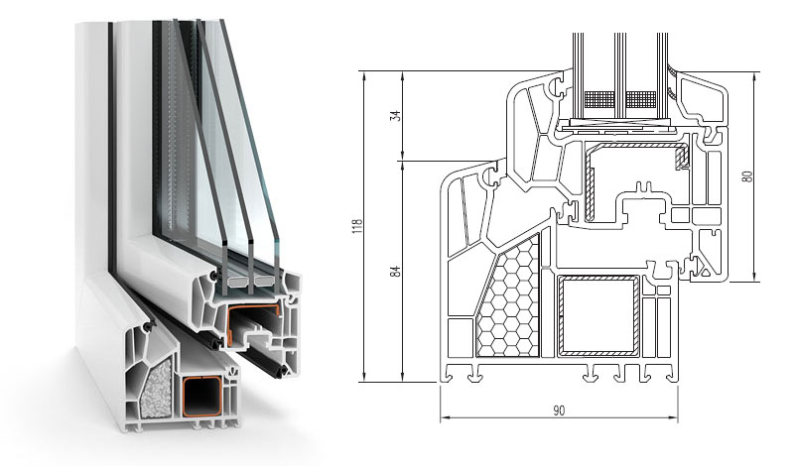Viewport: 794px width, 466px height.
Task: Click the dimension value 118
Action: pos(359,226)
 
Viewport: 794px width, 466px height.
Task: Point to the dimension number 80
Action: pos(749,176)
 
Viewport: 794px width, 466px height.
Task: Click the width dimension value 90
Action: pos(559,409)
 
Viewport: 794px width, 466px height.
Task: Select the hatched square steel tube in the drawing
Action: pos(598,316)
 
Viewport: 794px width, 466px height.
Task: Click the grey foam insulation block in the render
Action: pos(156,388)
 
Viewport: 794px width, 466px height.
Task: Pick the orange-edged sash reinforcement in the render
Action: pos(252,324)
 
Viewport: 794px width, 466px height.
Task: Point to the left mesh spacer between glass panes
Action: pos(599,100)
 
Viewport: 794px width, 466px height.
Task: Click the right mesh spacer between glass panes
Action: pos(641,100)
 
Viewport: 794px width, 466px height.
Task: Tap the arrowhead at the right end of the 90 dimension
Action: pos(675,418)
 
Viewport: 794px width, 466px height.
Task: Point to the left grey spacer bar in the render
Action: pos(237,281)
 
